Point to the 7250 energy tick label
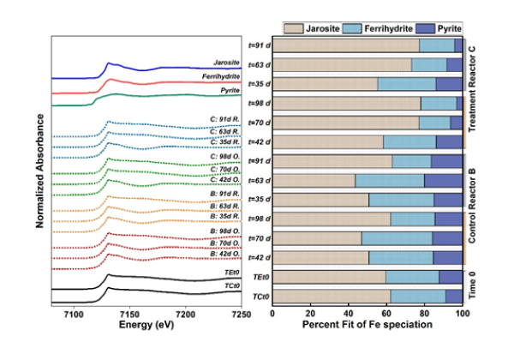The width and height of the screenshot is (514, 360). click(242, 316)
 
